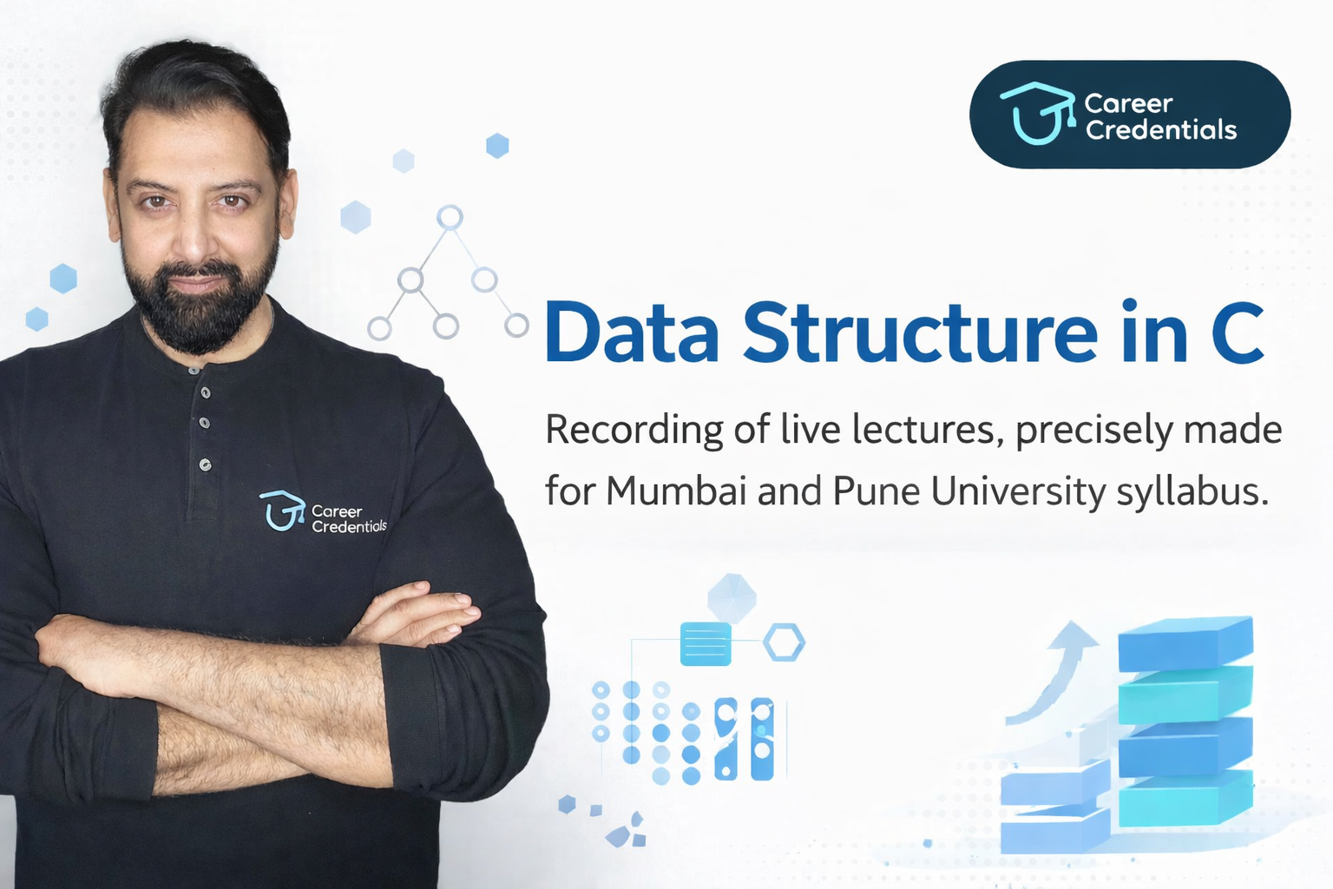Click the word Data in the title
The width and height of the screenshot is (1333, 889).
pos(632,333)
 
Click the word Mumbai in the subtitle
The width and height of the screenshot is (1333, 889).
pos(676,491)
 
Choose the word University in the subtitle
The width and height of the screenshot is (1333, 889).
pos(1019,491)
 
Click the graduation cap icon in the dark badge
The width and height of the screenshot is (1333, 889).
pos(1034,113)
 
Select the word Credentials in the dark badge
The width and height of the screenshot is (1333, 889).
pos(1160,130)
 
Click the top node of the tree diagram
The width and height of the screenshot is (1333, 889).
pos(450,217)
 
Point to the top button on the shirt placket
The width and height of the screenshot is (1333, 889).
pos(206,392)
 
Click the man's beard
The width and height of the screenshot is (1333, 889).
pos(200,313)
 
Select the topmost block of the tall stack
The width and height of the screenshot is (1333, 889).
pos(1185,642)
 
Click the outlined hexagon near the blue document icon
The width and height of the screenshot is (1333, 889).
pos(784,643)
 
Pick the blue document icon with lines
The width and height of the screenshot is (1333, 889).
pos(705,643)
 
